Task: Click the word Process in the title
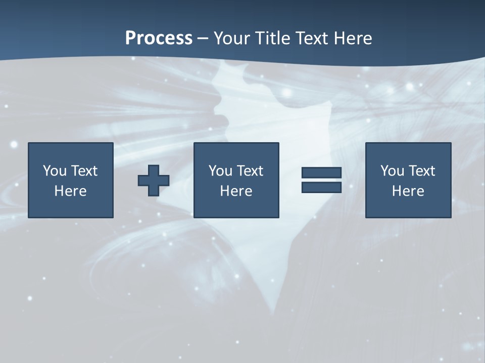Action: (x=159, y=38)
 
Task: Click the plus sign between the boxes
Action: (x=154, y=180)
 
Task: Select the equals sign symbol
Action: (x=321, y=180)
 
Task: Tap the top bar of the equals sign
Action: (x=321, y=173)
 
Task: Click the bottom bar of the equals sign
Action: (x=321, y=188)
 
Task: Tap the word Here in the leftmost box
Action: (x=70, y=191)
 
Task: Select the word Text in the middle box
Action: (x=250, y=171)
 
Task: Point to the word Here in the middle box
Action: (x=236, y=191)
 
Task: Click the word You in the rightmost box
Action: (x=393, y=171)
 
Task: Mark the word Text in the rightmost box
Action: (x=421, y=171)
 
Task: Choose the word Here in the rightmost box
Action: (x=408, y=191)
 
